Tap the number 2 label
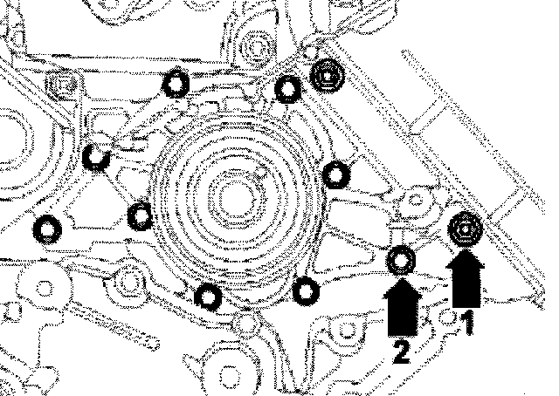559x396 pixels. (401, 351)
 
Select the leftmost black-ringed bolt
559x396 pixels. (48, 229)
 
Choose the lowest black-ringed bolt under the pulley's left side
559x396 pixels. (207, 297)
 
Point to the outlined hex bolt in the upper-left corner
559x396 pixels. (59, 85)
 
